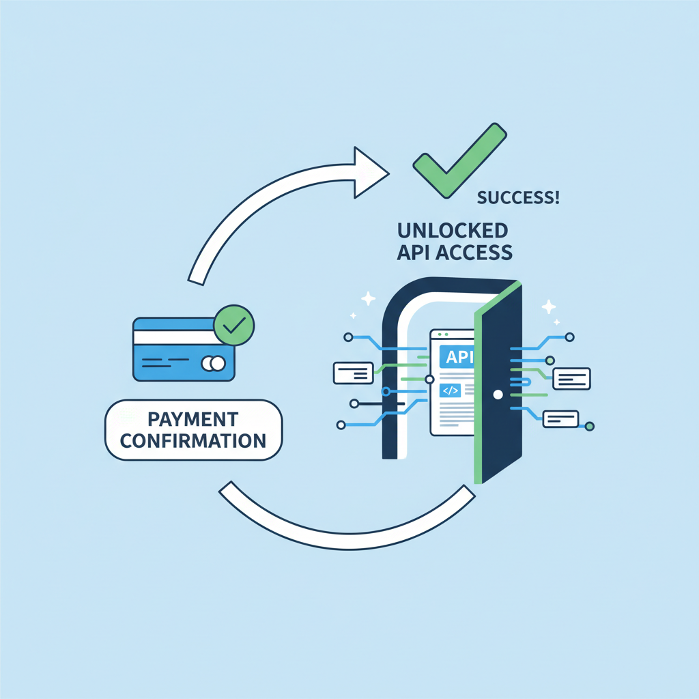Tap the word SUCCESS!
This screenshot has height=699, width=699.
point(518,199)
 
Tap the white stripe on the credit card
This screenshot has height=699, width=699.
point(175,337)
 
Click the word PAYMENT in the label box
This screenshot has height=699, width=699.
point(193,418)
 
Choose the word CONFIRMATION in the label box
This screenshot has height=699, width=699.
point(193,440)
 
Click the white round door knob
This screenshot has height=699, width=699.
point(498,395)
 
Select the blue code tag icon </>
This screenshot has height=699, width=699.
point(451,391)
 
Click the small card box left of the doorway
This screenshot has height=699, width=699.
point(353,373)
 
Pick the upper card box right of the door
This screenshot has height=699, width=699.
point(571,378)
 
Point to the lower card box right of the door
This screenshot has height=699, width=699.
point(560,419)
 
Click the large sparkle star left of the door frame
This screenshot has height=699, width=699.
point(369,298)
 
